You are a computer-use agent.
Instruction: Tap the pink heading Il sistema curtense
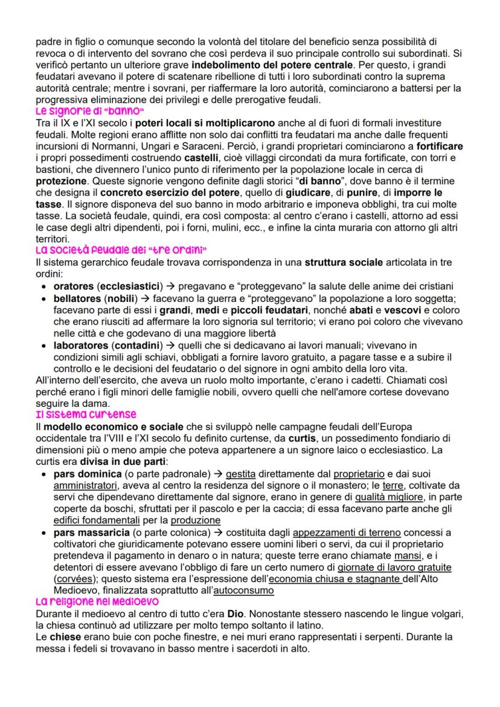coord(86,414)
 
